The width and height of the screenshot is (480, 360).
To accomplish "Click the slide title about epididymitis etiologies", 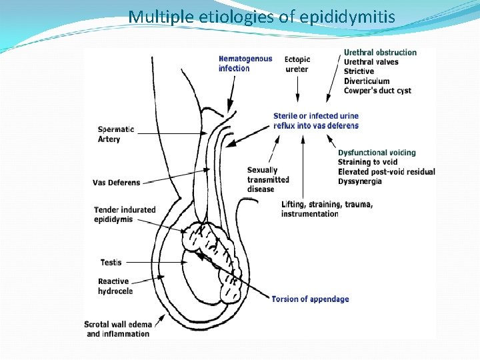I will click(x=261, y=16).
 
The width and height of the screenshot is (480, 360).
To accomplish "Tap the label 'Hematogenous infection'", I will click(x=245, y=63).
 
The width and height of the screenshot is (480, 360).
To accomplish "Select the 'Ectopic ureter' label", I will click(x=297, y=64).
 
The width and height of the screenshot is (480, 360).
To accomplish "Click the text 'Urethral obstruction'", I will click(x=380, y=53).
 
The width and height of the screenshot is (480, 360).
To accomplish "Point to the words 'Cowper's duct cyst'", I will click(x=377, y=91).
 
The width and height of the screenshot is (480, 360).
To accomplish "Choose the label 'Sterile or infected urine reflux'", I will click(x=316, y=121).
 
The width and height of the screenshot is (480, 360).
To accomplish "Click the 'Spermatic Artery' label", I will click(x=115, y=134).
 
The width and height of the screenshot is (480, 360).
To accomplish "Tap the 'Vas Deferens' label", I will click(x=117, y=183).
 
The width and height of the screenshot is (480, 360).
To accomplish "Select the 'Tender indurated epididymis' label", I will click(x=125, y=214).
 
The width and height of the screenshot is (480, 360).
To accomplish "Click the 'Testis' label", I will click(x=111, y=263).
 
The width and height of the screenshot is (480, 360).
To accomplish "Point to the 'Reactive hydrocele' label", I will click(x=115, y=286).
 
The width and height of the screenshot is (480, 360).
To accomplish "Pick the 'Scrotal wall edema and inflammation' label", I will click(x=117, y=329).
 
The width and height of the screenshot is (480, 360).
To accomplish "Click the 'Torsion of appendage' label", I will click(x=310, y=299).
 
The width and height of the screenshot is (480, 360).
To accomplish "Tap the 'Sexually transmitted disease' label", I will click(x=268, y=179).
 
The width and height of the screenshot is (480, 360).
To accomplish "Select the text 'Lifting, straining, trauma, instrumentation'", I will click(x=327, y=209).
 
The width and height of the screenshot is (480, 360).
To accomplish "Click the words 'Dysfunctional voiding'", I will click(x=377, y=153).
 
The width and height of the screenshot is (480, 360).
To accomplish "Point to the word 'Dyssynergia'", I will click(x=360, y=181).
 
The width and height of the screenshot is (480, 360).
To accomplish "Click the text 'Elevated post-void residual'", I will click(x=386, y=172).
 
